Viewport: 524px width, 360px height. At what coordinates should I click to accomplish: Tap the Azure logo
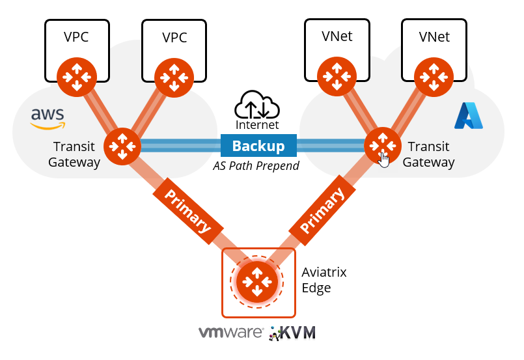(469, 115)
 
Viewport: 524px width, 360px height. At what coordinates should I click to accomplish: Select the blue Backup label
(258, 146)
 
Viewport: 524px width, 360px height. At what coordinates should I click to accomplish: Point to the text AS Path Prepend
(256, 166)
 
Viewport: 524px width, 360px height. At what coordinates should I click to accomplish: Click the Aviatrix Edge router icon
(257, 281)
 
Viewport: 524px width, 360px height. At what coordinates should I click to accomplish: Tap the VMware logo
(230, 333)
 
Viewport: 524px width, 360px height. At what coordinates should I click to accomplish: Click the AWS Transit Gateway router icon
(122, 145)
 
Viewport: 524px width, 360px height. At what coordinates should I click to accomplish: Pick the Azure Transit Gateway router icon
(382, 145)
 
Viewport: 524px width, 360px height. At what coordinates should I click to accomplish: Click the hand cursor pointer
(385, 159)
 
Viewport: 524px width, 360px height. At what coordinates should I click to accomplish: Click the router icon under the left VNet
(337, 76)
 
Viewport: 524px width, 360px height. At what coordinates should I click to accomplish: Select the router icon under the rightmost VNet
(434, 76)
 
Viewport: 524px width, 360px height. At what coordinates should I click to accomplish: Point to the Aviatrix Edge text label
(324, 279)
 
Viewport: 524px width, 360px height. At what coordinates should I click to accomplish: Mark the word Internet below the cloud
(258, 124)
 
